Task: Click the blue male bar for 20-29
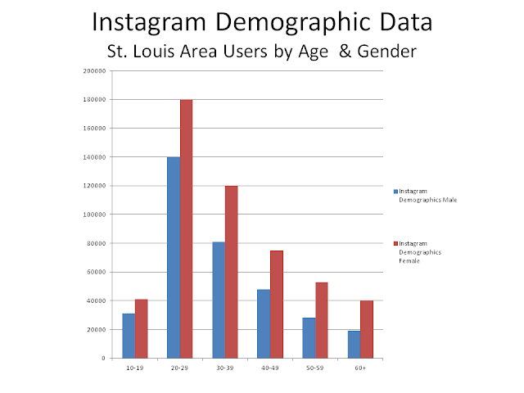tap(174, 257)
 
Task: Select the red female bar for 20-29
tap(186, 228)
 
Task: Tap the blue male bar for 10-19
tap(129, 336)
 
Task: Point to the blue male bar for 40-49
tap(264, 323)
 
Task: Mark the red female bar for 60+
tap(366, 329)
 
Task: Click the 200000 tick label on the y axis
tap(96, 70)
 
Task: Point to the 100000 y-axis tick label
tap(96, 215)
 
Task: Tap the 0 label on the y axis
tap(104, 358)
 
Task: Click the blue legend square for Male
tap(396, 189)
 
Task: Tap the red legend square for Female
tap(396, 244)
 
